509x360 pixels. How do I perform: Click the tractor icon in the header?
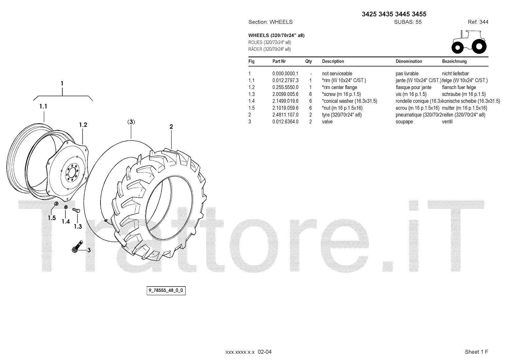pos(469,42)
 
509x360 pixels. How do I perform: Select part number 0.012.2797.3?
pos(285,81)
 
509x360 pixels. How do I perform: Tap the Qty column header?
pos(308,61)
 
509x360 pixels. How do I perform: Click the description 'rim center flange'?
pos(339,87)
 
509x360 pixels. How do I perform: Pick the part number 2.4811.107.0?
pos(285,115)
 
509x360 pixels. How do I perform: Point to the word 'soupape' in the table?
pos(404,122)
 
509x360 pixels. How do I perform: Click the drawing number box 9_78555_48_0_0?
pos(166,291)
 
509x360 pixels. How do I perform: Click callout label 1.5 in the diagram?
pos(52,218)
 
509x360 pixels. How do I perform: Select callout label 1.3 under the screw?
pos(78,227)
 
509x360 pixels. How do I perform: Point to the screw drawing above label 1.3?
pos(76,210)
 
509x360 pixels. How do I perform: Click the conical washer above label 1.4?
pos(66,208)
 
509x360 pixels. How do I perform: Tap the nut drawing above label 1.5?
pos(56,203)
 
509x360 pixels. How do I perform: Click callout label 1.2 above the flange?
pos(83,125)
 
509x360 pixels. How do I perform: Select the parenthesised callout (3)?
pos(131,122)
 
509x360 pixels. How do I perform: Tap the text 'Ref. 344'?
pos(478,22)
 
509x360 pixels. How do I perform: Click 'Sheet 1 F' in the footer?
pos(476,352)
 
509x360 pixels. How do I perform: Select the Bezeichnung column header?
pos(454,61)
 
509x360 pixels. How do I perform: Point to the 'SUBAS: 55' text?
pos(408,22)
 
